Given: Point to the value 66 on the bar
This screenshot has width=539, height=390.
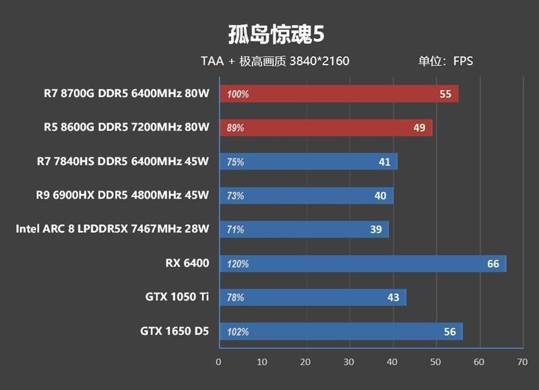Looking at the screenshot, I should click(x=493, y=263).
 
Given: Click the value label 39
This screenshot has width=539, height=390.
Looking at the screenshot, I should click(x=376, y=230).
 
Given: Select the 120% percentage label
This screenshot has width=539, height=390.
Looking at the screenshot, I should click(x=238, y=264).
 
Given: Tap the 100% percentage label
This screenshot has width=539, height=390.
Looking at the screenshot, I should click(x=238, y=95).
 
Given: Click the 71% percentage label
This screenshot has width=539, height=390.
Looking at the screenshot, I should click(x=236, y=230).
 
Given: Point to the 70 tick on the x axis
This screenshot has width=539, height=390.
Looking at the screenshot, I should click(x=522, y=362).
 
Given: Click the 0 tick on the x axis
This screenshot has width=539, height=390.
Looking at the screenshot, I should click(x=218, y=362).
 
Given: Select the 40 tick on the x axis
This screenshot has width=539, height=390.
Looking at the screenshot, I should click(x=392, y=362).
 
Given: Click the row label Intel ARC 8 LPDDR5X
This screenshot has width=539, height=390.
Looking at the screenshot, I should click(x=113, y=230).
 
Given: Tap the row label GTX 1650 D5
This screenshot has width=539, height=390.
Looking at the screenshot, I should click(x=175, y=331).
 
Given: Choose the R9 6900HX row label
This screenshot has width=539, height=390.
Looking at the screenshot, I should click(x=123, y=196).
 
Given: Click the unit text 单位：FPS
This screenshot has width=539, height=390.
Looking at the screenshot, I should click(x=445, y=61).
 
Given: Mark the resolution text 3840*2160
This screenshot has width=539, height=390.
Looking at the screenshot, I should click(x=319, y=61).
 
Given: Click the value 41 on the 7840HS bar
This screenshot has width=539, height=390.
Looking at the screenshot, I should click(x=385, y=162).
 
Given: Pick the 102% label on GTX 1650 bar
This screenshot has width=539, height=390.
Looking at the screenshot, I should click(x=238, y=331).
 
